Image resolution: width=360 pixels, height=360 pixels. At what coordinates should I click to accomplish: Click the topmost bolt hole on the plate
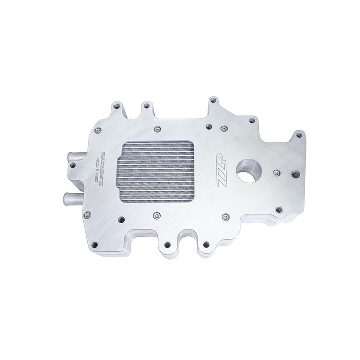click(213, 99)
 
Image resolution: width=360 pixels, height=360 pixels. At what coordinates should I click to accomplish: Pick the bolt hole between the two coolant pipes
click(72, 165)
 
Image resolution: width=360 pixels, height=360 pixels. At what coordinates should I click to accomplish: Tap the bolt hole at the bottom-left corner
click(94, 245)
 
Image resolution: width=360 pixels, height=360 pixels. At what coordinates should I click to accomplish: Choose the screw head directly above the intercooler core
click(157, 130)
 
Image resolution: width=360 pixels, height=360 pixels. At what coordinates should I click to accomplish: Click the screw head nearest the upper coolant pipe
click(98, 130)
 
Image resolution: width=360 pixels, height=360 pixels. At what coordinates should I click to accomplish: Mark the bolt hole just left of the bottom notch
click(167, 245)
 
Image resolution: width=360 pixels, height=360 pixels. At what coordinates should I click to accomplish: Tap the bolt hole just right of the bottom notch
click(206, 244)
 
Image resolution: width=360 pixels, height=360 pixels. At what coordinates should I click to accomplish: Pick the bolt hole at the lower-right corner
click(279, 209)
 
